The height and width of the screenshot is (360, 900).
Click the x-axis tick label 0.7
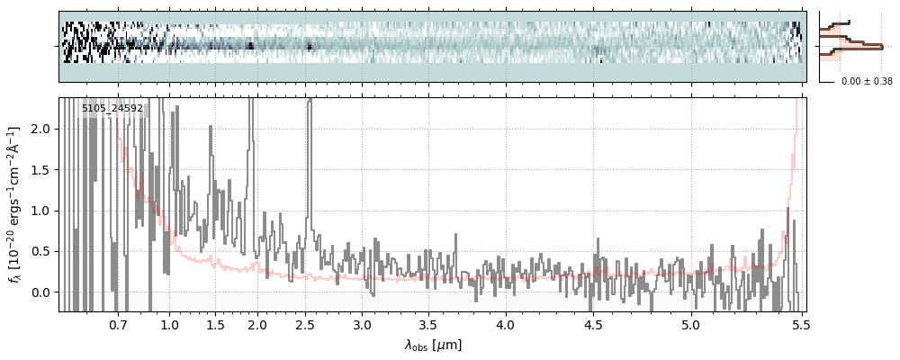tap(118, 325)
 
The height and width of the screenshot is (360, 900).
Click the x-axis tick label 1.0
tap(170, 325)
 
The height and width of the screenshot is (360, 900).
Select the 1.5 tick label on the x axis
tap(216, 325)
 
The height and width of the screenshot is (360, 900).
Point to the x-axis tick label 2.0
tap(258, 325)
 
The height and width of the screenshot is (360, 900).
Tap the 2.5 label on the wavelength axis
tap(305, 325)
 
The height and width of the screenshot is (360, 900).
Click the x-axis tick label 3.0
tap(362, 325)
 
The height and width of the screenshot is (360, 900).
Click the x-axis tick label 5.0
tap(690, 325)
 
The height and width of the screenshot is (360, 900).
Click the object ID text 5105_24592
tap(112, 109)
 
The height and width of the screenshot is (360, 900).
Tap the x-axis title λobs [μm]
tap(433, 345)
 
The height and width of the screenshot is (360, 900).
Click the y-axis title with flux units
tap(15, 204)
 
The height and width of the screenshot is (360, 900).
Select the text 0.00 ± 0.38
tap(866, 82)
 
